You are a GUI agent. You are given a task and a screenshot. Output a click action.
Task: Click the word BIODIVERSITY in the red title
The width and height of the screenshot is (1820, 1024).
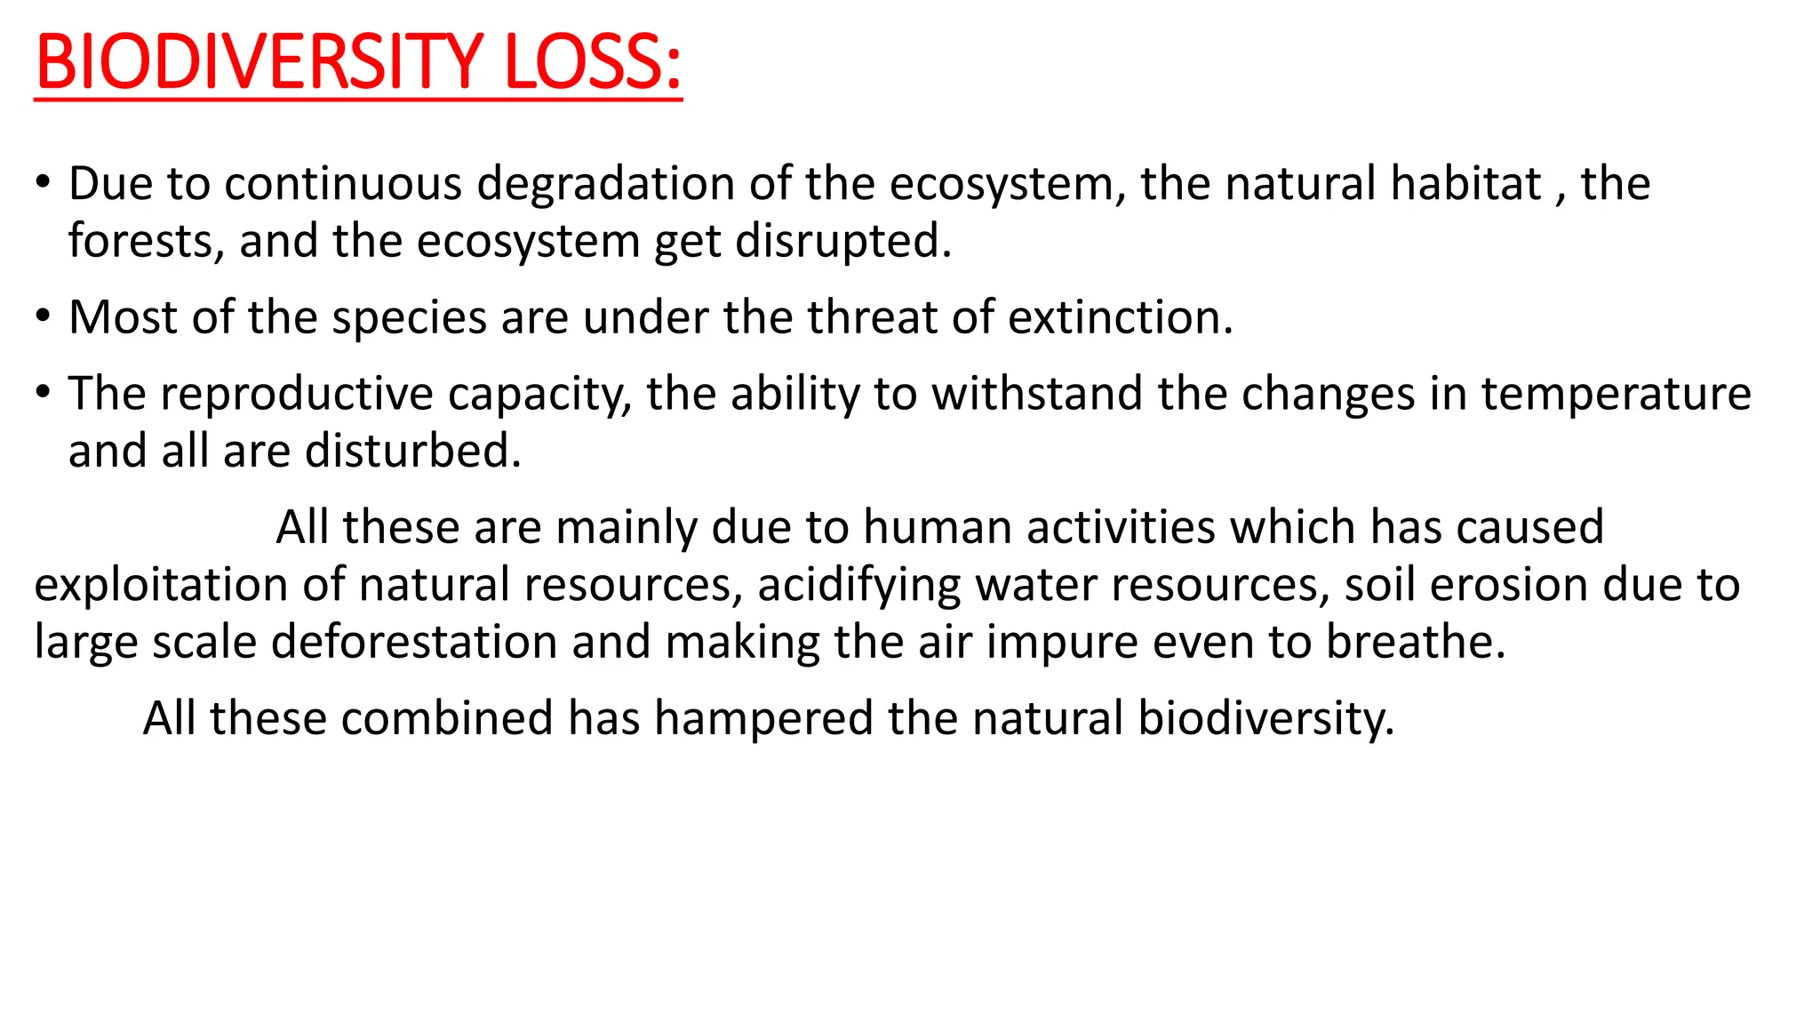click(x=259, y=61)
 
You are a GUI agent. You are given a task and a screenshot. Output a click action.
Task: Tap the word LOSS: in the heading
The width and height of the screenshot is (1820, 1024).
click(x=593, y=61)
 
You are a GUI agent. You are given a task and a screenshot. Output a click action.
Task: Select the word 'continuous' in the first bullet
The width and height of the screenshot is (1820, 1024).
click(x=343, y=184)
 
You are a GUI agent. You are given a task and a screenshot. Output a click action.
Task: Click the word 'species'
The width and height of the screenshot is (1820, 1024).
click(x=409, y=317)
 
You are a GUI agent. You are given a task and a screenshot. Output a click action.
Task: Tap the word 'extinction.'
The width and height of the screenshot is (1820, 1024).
click(x=1121, y=317)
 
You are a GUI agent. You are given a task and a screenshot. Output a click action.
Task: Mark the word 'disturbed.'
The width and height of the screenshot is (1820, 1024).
click(x=413, y=452)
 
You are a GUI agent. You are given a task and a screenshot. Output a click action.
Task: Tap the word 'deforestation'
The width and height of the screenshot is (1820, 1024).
click(x=414, y=642)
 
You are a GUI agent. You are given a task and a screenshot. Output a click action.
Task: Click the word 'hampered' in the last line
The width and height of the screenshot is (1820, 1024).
click(x=763, y=718)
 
